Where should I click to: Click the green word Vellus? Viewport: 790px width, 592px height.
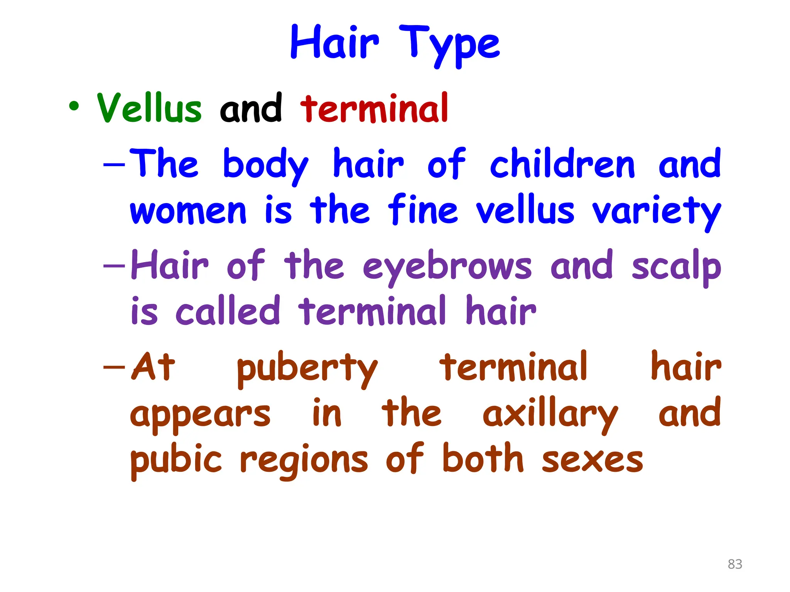149,108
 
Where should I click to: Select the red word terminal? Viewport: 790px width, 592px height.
374,108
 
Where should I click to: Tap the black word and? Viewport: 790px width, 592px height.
251,108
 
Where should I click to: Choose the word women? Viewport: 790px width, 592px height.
188,211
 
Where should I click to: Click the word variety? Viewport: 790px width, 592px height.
656,212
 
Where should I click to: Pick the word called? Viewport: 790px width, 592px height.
228,311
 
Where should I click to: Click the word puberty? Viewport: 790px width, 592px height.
307,368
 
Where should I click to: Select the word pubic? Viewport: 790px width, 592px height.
176,460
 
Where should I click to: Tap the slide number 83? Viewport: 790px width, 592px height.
735,564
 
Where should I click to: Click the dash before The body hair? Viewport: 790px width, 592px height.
114,165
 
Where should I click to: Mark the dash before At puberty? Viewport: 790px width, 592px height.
114,367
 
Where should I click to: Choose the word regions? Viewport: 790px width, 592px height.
304,461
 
